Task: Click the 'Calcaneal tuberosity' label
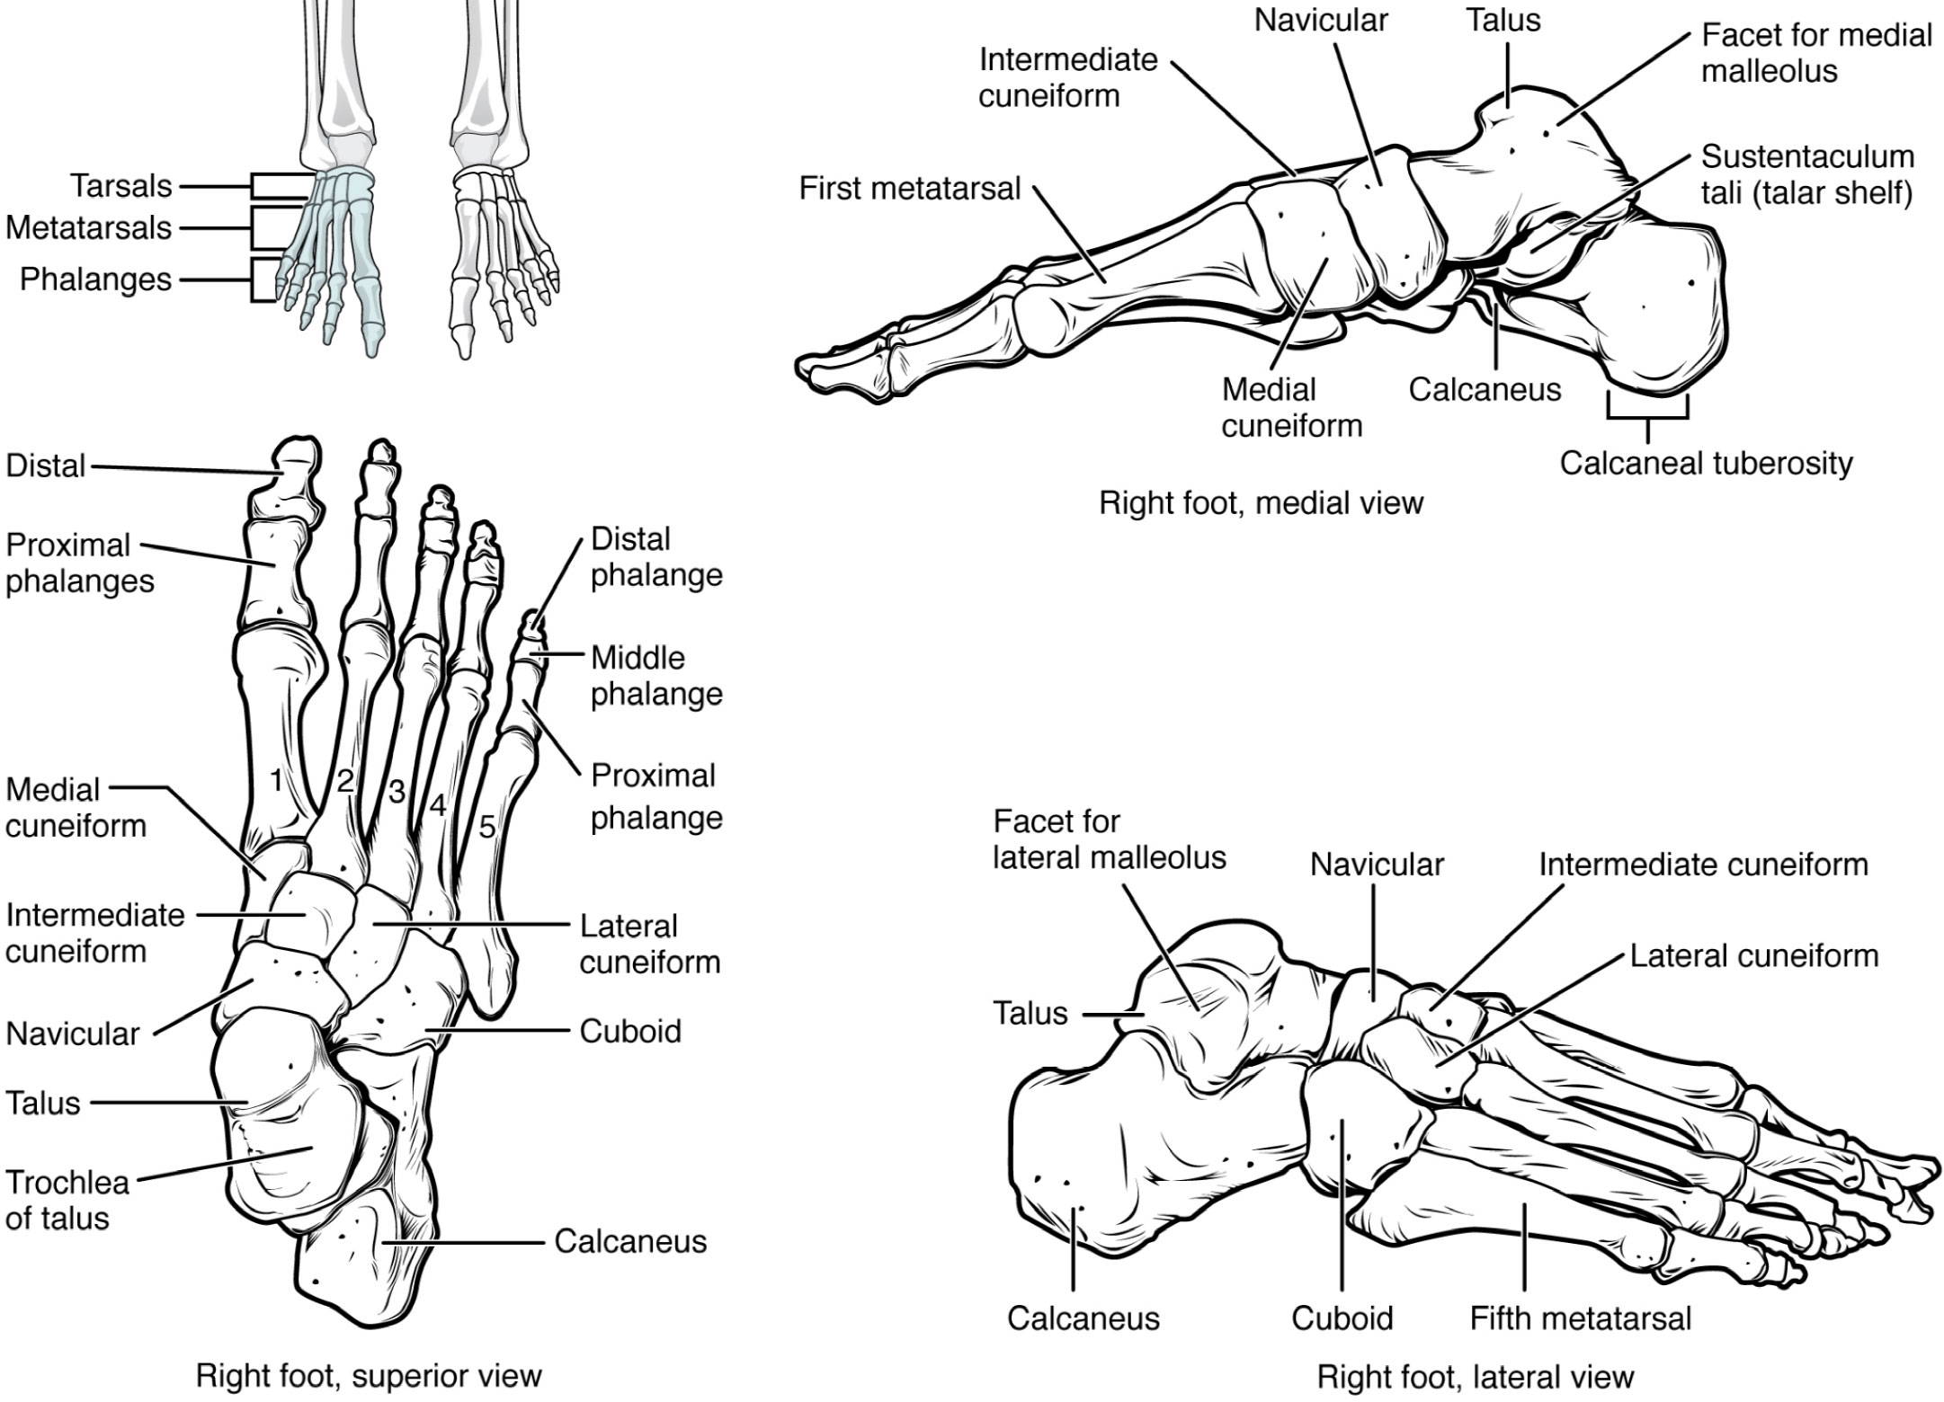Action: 1706,464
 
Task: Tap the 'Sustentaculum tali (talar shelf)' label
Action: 1807,174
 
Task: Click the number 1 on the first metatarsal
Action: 276,779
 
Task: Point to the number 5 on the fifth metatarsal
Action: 486,827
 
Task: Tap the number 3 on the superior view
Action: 396,792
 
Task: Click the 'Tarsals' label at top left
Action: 120,186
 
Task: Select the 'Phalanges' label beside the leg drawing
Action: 95,280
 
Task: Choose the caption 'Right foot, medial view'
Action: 1261,503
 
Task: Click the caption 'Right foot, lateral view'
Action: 1475,1377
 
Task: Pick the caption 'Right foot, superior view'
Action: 369,1376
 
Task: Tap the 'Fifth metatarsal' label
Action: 1580,1318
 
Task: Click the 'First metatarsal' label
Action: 909,189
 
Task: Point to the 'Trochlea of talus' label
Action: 67,1201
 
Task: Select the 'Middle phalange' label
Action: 656,676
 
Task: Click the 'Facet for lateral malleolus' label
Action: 1109,839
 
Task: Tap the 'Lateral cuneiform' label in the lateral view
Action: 1753,955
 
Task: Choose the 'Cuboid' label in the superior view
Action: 629,1031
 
